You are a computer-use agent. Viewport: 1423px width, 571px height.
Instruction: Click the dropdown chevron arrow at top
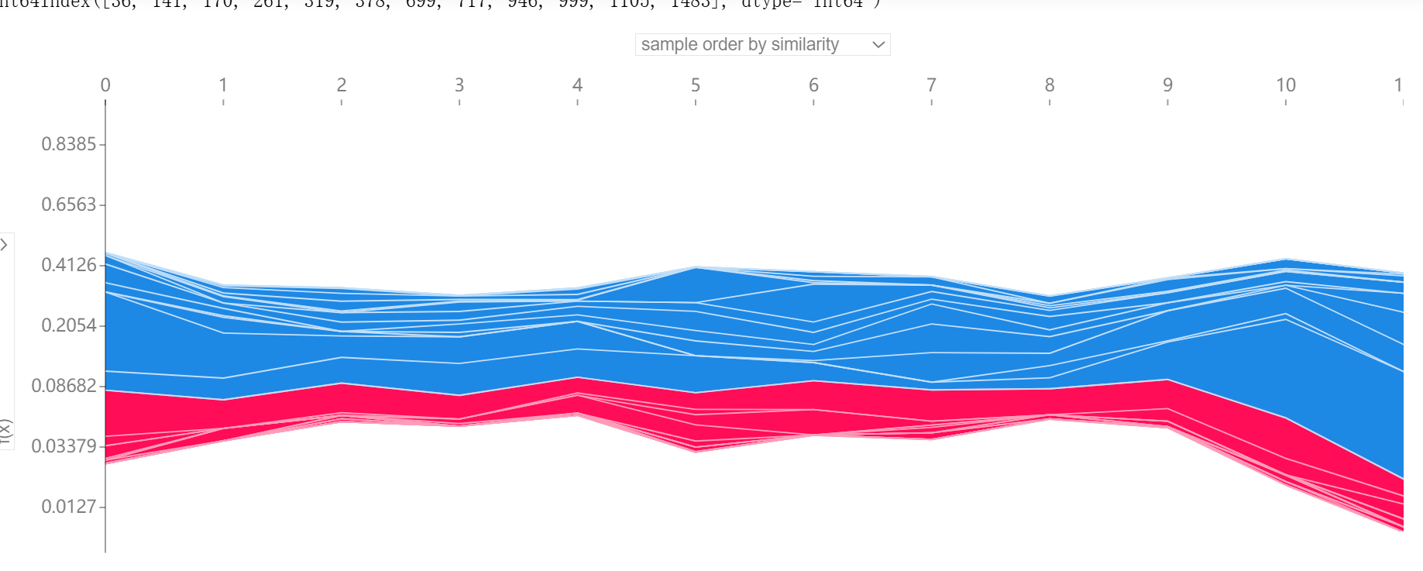[878, 45]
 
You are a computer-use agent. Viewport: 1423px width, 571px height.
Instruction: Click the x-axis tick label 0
[105, 85]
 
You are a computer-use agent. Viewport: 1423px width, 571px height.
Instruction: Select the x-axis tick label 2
[342, 85]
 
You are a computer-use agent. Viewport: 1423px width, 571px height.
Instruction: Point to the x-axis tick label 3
[459, 85]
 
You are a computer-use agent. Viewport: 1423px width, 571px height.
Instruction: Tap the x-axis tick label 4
[577, 85]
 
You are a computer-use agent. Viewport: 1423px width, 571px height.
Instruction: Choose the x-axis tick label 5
[696, 85]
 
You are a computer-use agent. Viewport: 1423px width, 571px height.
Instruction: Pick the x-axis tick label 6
[813, 85]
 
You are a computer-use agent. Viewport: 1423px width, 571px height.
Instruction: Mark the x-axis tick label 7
[931, 85]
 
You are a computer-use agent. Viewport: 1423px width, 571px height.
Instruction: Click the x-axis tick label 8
[1050, 85]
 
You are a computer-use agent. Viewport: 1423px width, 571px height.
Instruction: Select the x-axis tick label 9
[1167, 85]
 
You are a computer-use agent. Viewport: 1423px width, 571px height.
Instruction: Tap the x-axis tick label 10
[1286, 85]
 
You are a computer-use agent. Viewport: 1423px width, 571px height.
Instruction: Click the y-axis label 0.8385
[69, 144]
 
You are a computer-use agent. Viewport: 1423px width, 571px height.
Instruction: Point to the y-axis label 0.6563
[69, 205]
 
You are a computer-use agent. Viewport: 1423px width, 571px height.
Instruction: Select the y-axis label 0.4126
[69, 265]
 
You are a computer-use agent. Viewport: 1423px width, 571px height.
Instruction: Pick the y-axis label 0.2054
[69, 325]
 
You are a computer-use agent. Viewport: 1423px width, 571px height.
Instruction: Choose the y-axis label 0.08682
[64, 386]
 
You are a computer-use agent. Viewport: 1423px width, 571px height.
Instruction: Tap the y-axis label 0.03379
[64, 446]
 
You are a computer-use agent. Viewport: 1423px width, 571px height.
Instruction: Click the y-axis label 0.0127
[69, 507]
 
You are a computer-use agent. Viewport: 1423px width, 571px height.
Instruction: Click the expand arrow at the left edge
[5, 245]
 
